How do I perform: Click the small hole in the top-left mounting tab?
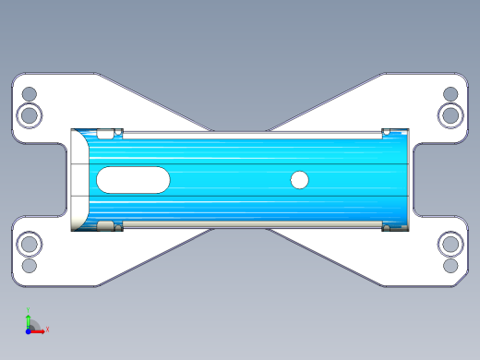click(29, 94)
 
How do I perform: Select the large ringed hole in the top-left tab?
click(29, 115)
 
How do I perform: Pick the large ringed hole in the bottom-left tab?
click(29, 245)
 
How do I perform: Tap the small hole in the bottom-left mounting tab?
click(29, 266)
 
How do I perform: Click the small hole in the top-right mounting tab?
click(451, 94)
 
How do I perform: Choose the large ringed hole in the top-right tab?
click(451, 115)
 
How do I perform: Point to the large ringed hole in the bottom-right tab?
click(451, 245)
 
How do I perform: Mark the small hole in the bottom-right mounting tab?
click(451, 266)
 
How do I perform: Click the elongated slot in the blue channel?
click(133, 180)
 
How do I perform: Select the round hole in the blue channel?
click(299, 180)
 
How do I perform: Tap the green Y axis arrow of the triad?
click(28, 319)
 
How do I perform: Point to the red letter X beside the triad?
click(47, 329)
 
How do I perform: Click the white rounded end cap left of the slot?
click(79, 180)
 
